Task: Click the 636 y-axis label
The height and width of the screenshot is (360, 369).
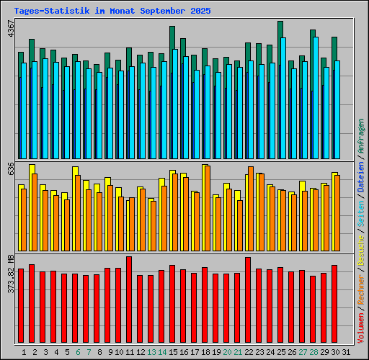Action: pyautogui.click(x=10, y=169)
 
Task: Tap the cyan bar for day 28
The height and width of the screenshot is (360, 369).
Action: pyautogui.click(x=316, y=97)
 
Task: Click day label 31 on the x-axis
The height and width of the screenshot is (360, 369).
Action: pyautogui.click(x=346, y=352)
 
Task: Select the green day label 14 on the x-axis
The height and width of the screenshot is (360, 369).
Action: pyautogui.click(x=162, y=352)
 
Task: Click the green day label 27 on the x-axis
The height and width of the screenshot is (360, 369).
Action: pyautogui.click(x=303, y=352)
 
